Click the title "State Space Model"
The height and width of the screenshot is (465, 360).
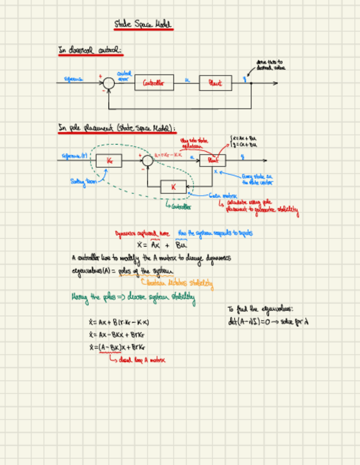(x=143, y=25)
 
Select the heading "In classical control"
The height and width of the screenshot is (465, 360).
(x=91, y=50)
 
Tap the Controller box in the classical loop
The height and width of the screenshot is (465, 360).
(x=154, y=83)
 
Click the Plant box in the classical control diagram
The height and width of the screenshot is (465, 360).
(x=215, y=83)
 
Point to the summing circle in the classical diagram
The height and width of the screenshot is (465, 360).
(x=109, y=83)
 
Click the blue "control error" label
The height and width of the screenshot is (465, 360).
(x=124, y=76)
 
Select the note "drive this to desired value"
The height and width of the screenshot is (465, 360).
(x=270, y=65)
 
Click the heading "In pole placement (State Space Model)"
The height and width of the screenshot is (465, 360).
(x=117, y=128)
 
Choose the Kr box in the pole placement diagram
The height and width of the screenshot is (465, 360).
(x=109, y=161)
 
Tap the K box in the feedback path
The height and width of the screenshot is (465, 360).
(x=173, y=186)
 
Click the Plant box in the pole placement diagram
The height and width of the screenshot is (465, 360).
(x=212, y=160)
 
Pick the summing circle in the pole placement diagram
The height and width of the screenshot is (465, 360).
(x=147, y=160)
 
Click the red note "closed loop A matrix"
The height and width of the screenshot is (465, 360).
(x=138, y=360)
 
